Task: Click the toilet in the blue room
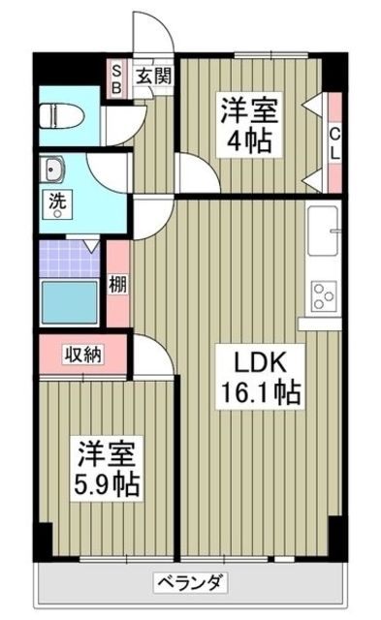coord(62,116)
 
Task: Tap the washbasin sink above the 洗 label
coord(51,170)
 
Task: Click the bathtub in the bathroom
coord(69,302)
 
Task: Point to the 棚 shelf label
coord(118,285)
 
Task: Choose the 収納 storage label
coord(84,355)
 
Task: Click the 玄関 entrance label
coord(154,76)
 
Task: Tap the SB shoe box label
coord(116,79)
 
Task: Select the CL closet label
coord(334,143)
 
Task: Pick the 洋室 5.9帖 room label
coord(107,469)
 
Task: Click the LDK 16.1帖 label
coord(260,377)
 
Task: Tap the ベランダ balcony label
coord(190,583)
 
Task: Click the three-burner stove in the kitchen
coord(323,295)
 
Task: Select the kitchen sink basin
coord(323,232)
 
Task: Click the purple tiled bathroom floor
coord(69,260)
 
